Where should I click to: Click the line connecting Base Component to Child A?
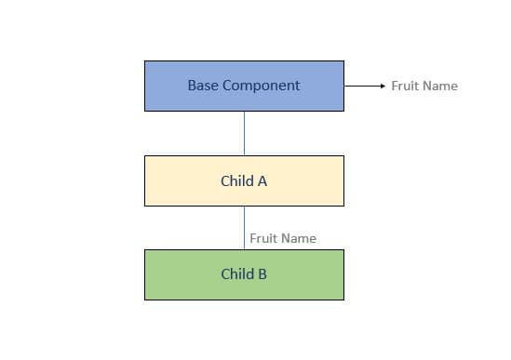(245, 133)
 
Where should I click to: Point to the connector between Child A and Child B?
(245, 227)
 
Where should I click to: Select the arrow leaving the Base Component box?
(363, 86)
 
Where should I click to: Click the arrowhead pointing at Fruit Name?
(382, 86)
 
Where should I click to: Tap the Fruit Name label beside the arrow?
(424, 86)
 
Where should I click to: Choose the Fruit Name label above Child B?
(283, 238)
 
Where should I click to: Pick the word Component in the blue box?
(263, 86)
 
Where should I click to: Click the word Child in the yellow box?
(235, 181)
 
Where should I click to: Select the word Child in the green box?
(235, 274)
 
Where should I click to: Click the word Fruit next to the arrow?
(405, 86)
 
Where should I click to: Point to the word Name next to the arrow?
(439, 86)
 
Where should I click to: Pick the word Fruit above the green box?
(263, 238)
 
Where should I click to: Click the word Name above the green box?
(298, 238)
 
